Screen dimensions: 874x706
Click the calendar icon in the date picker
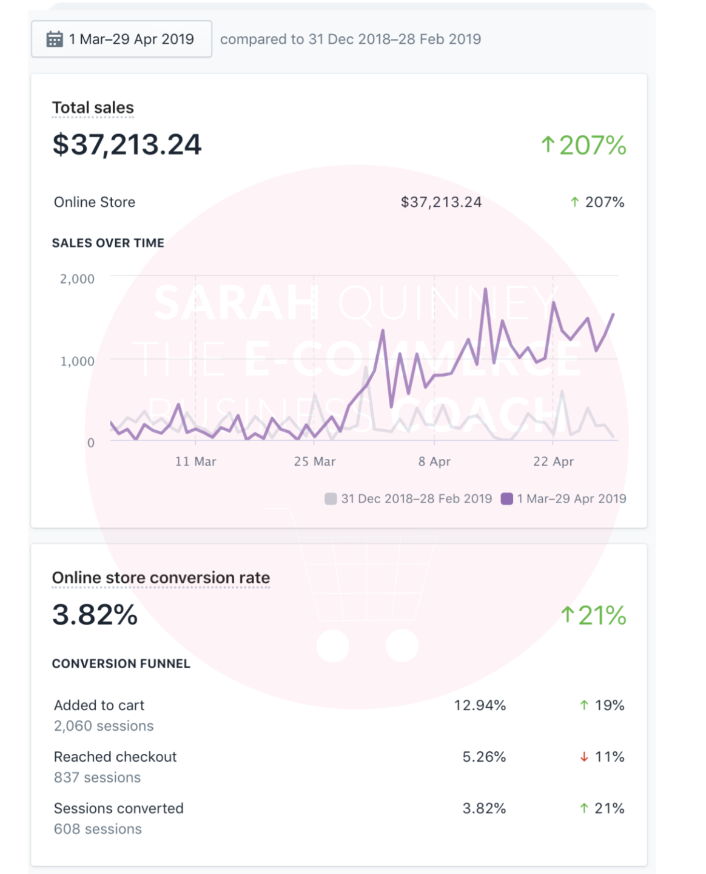(55, 39)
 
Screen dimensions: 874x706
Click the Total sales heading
(93, 107)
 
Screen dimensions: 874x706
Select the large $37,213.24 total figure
(127, 144)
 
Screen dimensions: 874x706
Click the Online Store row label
(95, 202)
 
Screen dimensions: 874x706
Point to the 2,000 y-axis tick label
(77, 279)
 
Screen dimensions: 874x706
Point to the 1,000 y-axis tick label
(77, 362)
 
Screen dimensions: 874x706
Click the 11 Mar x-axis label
(195, 462)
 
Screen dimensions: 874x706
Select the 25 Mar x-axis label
(314, 462)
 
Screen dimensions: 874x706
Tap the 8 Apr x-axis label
(434, 462)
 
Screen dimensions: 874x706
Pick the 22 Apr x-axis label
(553, 462)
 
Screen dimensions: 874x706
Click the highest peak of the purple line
(485, 290)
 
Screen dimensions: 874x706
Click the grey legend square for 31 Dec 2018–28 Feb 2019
(331, 499)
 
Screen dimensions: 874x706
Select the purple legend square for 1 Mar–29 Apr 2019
(507, 499)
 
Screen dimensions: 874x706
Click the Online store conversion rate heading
(161, 578)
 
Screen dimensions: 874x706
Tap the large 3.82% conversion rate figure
(95, 615)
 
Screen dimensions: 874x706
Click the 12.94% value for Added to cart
(480, 705)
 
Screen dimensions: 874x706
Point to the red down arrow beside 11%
(584, 757)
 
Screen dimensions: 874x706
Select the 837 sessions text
(97, 777)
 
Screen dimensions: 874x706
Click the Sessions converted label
(119, 808)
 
